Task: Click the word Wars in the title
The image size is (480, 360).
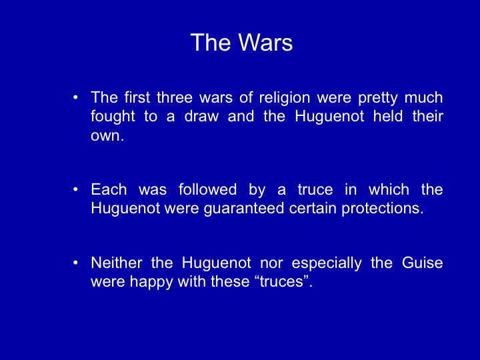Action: tap(265, 42)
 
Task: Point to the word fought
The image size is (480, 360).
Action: tap(113, 117)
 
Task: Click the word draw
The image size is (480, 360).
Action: tap(201, 116)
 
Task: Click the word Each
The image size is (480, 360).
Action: tap(109, 189)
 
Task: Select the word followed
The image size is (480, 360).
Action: tap(207, 189)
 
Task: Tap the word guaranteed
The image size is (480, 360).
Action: tap(244, 209)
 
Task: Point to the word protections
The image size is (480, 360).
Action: tap(383, 208)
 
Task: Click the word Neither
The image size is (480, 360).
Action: tap(117, 263)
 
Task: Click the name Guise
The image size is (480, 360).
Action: tap(422, 263)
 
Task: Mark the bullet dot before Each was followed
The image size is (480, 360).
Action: tap(75, 190)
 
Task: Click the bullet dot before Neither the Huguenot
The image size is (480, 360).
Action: tap(75, 263)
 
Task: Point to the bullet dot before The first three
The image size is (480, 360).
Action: tap(75, 98)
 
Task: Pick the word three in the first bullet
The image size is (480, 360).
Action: tap(175, 97)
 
